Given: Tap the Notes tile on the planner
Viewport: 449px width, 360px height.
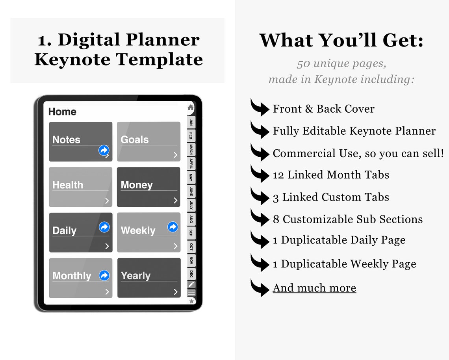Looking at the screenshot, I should pyautogui.click(x=80, y=141).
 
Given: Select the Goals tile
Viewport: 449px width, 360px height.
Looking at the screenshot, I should pyautogui.click(x=148, y=141).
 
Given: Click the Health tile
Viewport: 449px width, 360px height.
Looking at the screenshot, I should pyautogui.click(x=80, y=187).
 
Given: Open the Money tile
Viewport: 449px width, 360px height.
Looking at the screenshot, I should pyautogui.click(x=148, y=187).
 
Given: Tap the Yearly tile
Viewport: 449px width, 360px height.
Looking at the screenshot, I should pyautogui.click(x=148, y=278).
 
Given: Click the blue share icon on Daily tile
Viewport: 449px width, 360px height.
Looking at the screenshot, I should pyautogui.click(x=104, y=227).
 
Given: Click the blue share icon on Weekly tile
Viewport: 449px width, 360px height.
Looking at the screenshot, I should pyautogui.click(x=173, y=227).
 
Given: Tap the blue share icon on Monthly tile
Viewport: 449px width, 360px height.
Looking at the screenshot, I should pyautogui.click(x=104, y=275).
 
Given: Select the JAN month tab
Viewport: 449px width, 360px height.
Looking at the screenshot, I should pyautogui.click(x=191, y=122).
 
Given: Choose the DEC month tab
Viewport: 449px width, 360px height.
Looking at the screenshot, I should pyautogui.click(x=191, y=273).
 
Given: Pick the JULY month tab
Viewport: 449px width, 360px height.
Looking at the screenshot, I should pyautogui.click(x=191, y=205).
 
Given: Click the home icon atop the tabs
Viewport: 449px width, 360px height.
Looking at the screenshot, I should pyautogui.click(x=191, y=108).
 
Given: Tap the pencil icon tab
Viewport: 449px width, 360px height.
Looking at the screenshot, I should pyautogui.click(x=191, y=284).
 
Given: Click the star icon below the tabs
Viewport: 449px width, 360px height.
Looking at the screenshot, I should pyautogui.click(x=191, y=301).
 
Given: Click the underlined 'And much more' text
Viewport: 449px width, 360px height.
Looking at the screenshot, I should pyautogui.click(x=314, y=288).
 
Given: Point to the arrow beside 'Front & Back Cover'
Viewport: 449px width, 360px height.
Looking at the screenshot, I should pyautogui.click(x=260, y=108).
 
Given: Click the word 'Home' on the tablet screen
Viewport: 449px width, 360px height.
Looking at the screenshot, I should pyautogui.click(x=62, y=112).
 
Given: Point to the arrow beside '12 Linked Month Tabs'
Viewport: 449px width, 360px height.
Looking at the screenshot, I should pyautogui.click(x=260, y=174).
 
